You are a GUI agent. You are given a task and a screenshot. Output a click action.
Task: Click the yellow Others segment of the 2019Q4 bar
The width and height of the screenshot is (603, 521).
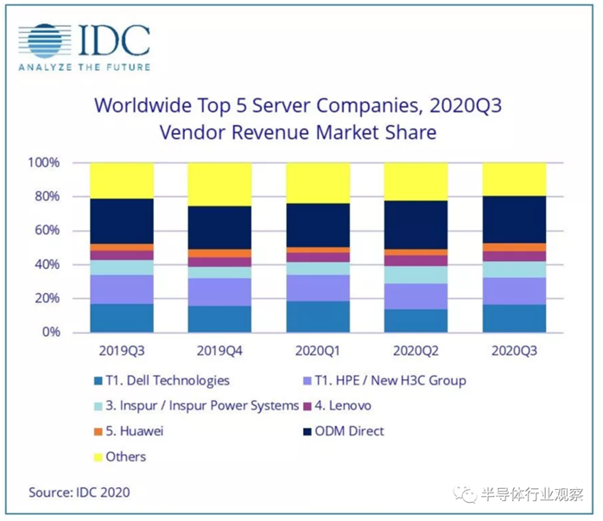[219, 184]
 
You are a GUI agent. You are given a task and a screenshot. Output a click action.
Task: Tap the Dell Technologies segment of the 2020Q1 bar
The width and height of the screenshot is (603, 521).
[318, 316]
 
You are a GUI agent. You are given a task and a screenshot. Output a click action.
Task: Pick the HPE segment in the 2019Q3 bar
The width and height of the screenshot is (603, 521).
[122, 289]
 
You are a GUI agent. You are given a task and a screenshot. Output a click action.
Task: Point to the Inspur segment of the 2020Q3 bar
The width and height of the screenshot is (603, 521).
[514, 269]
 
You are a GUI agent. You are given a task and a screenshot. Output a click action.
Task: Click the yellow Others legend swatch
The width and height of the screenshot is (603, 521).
[98, 456]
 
